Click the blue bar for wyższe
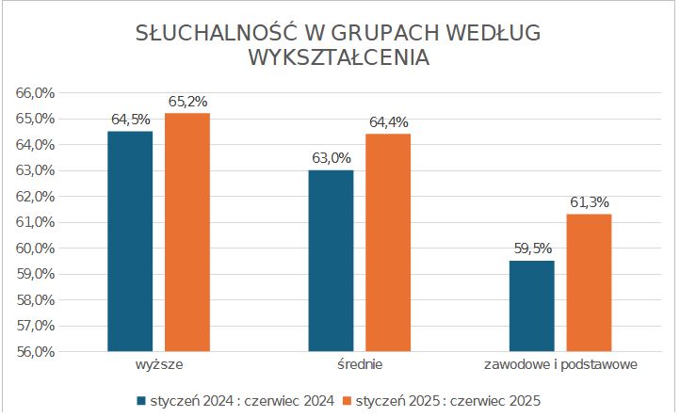coord(130,241)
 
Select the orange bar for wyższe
coord(187,233)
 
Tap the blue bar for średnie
coord(331,261)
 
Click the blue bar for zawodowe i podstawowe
coord(531,306)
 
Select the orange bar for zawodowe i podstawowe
coord(589,282)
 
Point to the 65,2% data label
coord(187,101)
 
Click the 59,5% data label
coord(532,249)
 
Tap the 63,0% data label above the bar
coord(332,157)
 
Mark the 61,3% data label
coord(590,201)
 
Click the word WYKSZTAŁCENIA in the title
coord(339,57)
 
